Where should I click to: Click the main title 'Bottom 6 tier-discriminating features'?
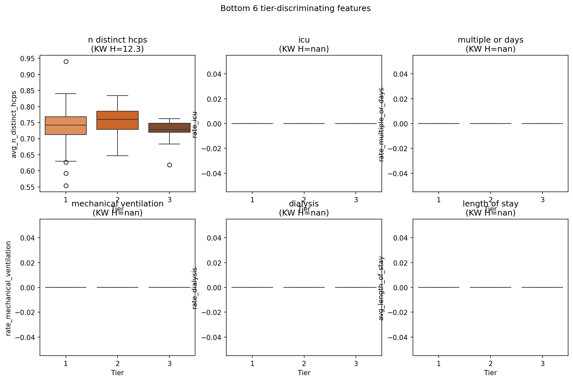pyautogui.click(x=295, y=8)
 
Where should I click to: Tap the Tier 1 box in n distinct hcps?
pyautogui.click(x=66, y=125)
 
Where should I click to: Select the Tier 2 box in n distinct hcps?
pyautogui.click(x=118, y=120)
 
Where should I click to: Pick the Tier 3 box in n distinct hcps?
pyautogui.click(x=169, y=128)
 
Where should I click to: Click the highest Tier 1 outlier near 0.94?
pyautogui.click(x=66, y=61)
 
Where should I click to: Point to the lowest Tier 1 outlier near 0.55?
pyautogui.click(x=66, y=186)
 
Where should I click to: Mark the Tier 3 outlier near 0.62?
pyautogui.click(x=169, y=165)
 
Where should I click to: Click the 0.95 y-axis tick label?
pyautogui.click(x=28, y=59)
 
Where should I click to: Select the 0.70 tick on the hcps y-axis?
pyautogui.click(x=28, y=139)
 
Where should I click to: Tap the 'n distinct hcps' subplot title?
pyautogui.click(x=118, y=40)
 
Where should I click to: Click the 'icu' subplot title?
pyautogui.click(x=304, y=40)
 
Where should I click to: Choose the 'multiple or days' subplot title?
pyautogui.click(x=490, y=40)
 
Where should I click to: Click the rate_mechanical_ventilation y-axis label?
pyautogui.click(x=8, y=288)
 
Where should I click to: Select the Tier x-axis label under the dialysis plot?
pyautogui.click(x=304, y=373)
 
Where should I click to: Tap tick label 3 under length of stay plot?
pyautogui.click(x=542, y=363)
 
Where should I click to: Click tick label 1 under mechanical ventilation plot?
pyautogui.click(x=66, y=363)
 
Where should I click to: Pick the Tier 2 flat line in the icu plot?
pyautogui.click(x=304, y=124)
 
